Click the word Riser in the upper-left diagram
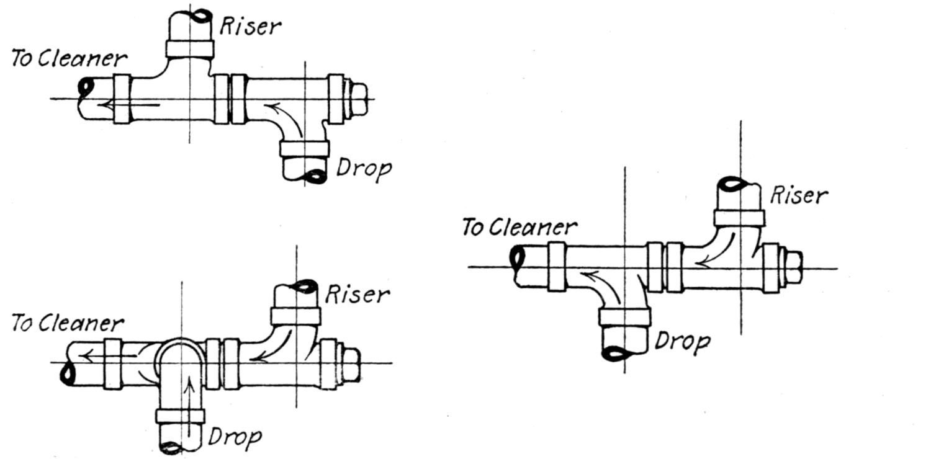pos(250,26)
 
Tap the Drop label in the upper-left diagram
pos(364,168)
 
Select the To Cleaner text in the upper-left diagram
pos(69,59)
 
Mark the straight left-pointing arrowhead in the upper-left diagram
pos(106,104)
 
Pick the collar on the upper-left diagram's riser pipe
pos(189,48)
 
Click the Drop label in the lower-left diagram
pos(234,437)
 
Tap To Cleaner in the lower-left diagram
pos(68,323)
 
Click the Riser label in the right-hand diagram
pos(799,195)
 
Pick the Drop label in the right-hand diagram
pos(683,341)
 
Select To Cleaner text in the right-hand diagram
pos(519,228)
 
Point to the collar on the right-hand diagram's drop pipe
pos(624,317)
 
